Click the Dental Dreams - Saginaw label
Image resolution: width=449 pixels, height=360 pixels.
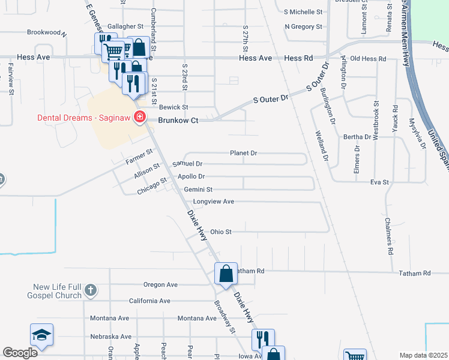pyautogui.click(x=84, y=117)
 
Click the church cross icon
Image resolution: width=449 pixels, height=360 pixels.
pyautogui.click(x=90, y=290)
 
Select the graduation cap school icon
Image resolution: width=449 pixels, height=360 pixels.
pyautogui.click(x=41, y=335)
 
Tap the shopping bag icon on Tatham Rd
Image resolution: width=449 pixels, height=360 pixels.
pyautogui.click(x=226, y=274)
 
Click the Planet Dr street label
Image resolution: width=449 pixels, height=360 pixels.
pyautogui.click(x=243, y=153)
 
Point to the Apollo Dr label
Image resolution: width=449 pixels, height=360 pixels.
pyautogui.click(x=191, y=176)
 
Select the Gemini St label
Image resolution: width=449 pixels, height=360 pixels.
pyautogui.click(x=197, y=190)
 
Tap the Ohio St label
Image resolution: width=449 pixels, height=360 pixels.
pyautogui.click(x=220, y=232)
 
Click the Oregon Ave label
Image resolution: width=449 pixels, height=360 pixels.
pyautogui.click(x=160, y=284)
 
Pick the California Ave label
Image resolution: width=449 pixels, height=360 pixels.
pyautogui.click(x=149, y=301)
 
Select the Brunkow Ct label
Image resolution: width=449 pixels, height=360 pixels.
pyautogui.click(x=178, y=120)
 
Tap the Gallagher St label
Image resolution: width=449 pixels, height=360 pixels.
pyautogui.click(x=125, y=26)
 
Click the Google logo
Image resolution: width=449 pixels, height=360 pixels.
pyautogui.click(x=20, y=353)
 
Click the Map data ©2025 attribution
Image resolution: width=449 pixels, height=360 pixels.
pyautogui.click(x=423, y=355)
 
